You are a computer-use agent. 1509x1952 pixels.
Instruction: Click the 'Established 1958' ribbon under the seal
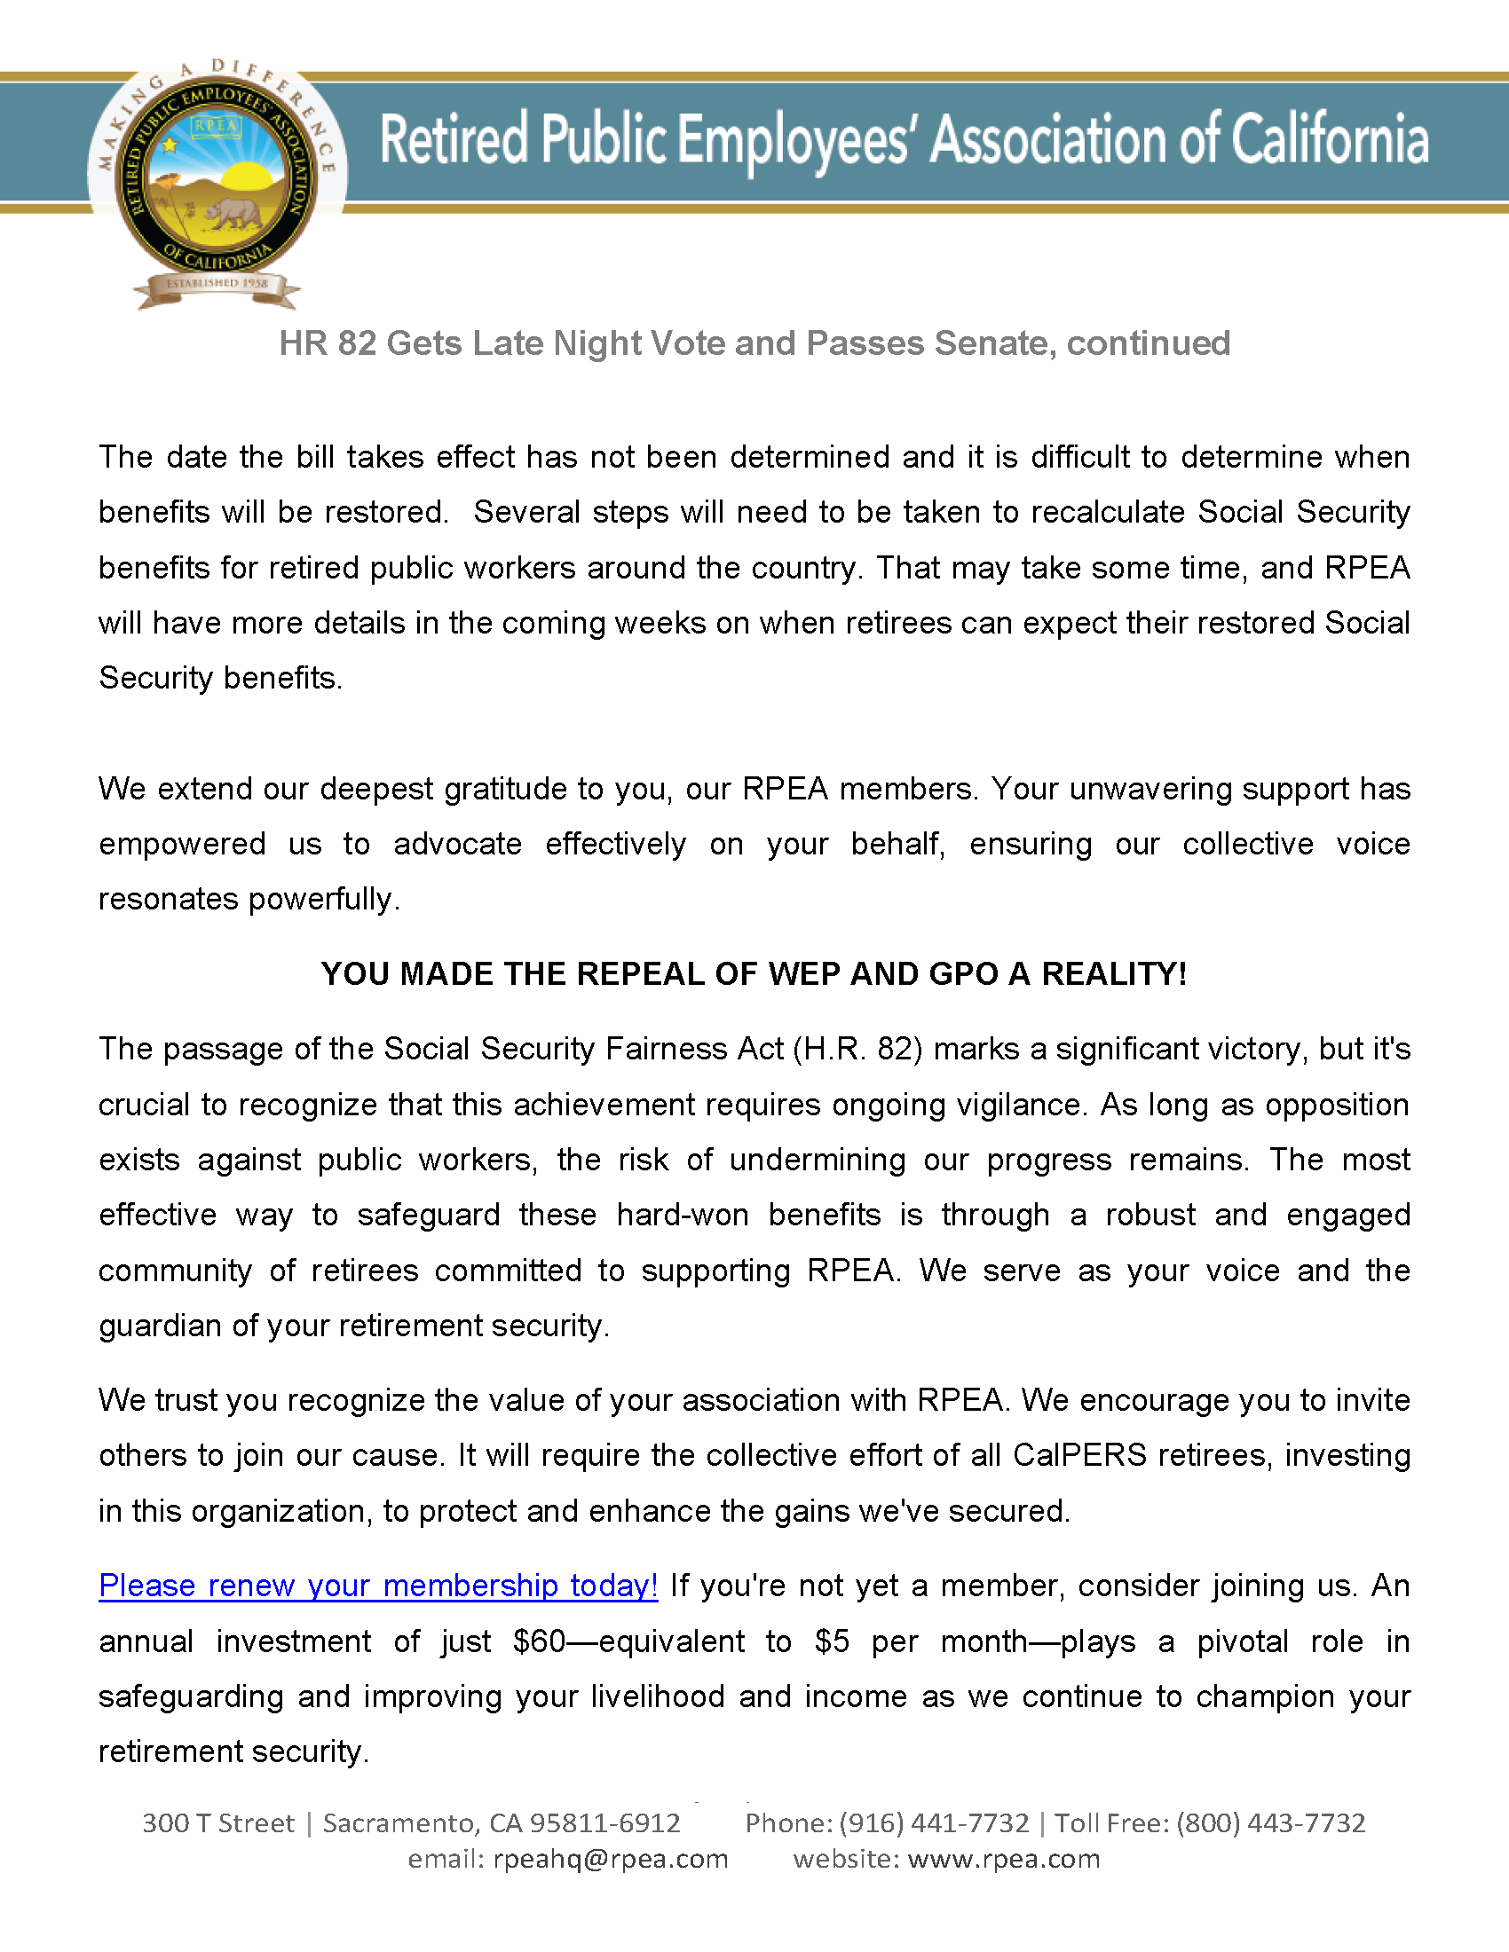[x=217, y=284]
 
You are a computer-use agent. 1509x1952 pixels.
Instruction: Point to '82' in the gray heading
[x=357, y=343]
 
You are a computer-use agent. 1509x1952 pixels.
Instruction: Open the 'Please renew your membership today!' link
[x=378, y=1586]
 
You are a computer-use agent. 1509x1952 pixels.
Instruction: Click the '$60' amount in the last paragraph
[x=539, y=1641]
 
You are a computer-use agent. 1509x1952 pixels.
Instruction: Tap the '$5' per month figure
[x=832, y=1641]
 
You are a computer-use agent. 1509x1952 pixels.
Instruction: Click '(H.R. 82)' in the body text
[x=857, y=1049]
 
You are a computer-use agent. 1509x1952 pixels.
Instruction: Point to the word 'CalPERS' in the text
[x=1079, y=1455]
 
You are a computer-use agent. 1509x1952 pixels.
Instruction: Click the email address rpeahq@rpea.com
[x=611, y=1859]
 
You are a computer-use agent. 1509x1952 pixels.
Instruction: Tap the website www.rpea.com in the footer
[x=1003, y=1859]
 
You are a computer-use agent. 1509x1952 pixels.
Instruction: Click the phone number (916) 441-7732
[x=933, y=1822]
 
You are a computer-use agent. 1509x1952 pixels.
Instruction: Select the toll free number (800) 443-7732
[x=1270, y=1822]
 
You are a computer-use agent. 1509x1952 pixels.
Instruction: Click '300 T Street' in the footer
[x=218, y=1822]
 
